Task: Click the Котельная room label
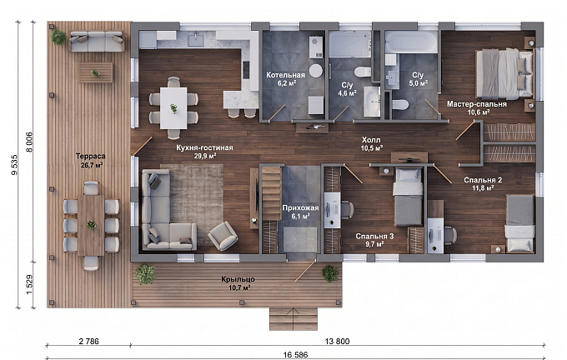tap(285, 75)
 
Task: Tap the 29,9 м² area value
tap(205, 156)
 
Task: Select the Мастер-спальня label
tap(477, 104)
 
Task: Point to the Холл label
tap(371, 140)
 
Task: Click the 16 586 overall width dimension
tap(295, 355)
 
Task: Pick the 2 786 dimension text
tap(88, 341)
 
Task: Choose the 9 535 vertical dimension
tap(14, 165)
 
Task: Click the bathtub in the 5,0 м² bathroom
tap(411, 42)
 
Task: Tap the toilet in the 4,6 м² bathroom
tap(363, 71)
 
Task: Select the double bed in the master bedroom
tap(504, 73)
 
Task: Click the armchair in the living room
tap(223, 236)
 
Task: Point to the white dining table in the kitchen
tap(173, 108)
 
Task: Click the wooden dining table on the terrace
tap(91, 225)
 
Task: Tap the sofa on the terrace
tap(97, 41)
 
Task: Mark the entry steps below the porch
tap(294, 319)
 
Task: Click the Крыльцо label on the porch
tap(238, 279)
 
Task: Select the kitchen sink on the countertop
tap(196, 39)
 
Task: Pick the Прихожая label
tap(300, 207)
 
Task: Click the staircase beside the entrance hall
tap(272, 193)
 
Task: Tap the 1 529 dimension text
tap(30, 284)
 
